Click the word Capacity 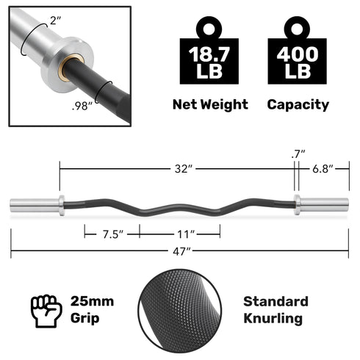[298, 104]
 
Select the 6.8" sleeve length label [322, 169]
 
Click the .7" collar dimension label [298, 154]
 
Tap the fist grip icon [46, 309]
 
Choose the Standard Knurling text [276, 310]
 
